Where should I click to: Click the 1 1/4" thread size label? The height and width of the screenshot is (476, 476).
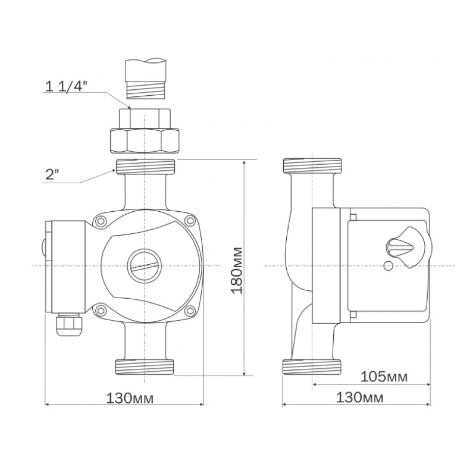pos(66,86)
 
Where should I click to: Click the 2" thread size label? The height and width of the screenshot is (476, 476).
pos(52,175)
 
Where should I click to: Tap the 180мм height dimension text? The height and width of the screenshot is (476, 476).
pos(237,271)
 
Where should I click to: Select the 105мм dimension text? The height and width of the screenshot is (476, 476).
pos(384,377)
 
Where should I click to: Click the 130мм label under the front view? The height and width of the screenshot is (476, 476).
pos(130,398)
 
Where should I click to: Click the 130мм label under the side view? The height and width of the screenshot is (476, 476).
pos(359,397)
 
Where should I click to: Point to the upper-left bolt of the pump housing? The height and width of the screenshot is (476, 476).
pos(100,221)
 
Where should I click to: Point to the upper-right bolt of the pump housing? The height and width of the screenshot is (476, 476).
pos(190,221)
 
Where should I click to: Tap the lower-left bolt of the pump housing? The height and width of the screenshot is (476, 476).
pos(100,310)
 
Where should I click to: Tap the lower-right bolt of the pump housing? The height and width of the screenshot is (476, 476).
pos(190,310)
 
